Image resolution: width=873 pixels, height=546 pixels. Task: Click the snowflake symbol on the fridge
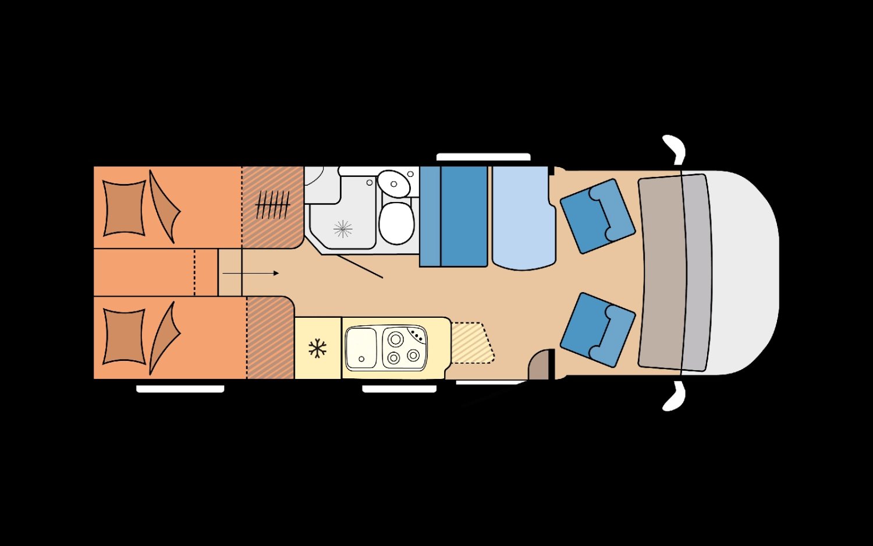(317, 349)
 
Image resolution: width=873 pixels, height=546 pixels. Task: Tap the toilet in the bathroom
(396, 222)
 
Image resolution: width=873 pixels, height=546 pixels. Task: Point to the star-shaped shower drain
(343, 229)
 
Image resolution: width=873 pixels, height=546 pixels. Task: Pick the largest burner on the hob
(396, 339)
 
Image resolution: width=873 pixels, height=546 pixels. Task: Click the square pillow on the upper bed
(124, 208)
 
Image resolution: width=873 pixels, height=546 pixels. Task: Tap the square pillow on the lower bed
(124, 336)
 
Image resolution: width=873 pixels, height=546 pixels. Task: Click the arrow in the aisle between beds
(250, 273)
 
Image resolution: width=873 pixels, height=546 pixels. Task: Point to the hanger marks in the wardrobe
(272, 205)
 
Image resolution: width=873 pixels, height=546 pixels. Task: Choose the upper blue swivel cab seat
(597, 215)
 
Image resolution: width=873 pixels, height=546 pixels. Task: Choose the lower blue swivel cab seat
(597, 329)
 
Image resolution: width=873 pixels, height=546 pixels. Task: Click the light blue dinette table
(523, 218)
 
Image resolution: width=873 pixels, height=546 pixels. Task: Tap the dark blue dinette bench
(463, 217)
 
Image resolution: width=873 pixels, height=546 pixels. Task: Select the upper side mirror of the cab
(674, 148)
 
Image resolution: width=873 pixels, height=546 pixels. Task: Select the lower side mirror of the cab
(674, 397)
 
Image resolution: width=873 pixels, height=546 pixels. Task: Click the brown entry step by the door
(540, 367)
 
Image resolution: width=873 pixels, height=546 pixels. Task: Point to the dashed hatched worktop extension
(472, 343)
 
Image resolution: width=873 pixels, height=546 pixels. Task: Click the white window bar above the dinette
(483, 157)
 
